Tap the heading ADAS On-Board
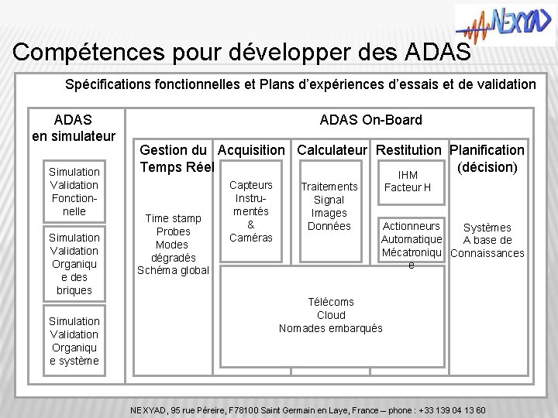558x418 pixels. click(x=371, y=119)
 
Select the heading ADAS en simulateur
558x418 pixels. click(x=73, y=128)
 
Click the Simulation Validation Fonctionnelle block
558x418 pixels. click(x=74, y=191)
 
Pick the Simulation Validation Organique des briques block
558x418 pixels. click(x=74, y=263)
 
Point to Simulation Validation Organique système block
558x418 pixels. click(x=74, y=341)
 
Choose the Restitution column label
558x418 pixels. click(x=412, y=149)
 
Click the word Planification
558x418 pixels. click(x=487, y=149)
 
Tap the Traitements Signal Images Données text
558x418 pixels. click(x=329, y=207)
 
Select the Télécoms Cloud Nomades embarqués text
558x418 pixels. click(x=331, y=314)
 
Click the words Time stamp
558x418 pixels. click(x=173, y=219)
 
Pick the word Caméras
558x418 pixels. click(x=252, y=238)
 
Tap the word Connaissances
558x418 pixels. click(x=487, y=253)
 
